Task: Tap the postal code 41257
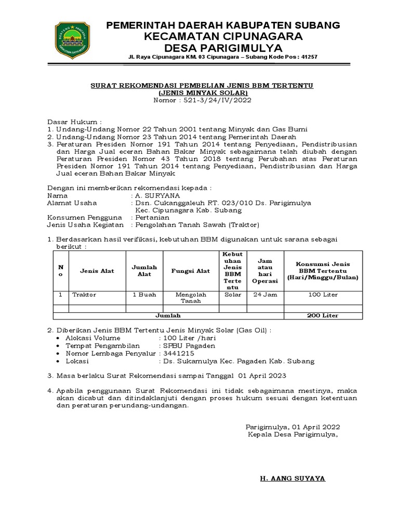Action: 307,57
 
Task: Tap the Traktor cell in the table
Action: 84,295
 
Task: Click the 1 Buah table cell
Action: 144,295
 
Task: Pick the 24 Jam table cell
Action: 265,295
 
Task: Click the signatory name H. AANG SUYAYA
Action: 292,478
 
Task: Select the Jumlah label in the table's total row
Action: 169,315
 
